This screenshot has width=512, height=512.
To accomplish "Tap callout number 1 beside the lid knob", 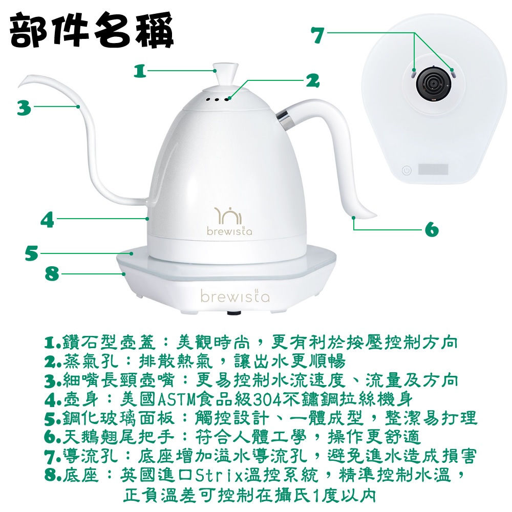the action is pos(140,71).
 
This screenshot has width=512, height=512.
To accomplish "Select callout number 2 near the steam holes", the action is pos(312,80).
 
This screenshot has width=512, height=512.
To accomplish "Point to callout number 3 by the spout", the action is pos(24,108).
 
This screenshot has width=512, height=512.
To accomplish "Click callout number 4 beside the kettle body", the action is pos(47,220).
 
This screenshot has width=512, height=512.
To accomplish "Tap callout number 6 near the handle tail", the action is pos(432,229).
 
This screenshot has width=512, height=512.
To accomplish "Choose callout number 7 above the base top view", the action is pos(318,35).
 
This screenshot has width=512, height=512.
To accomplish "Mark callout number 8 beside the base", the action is pos(52,273).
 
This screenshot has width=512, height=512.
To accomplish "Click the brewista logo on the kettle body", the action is pos(229,221).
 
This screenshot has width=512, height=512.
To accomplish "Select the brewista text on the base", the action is pos(235,296).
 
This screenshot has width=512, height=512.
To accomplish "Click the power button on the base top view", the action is pos(407,170).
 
